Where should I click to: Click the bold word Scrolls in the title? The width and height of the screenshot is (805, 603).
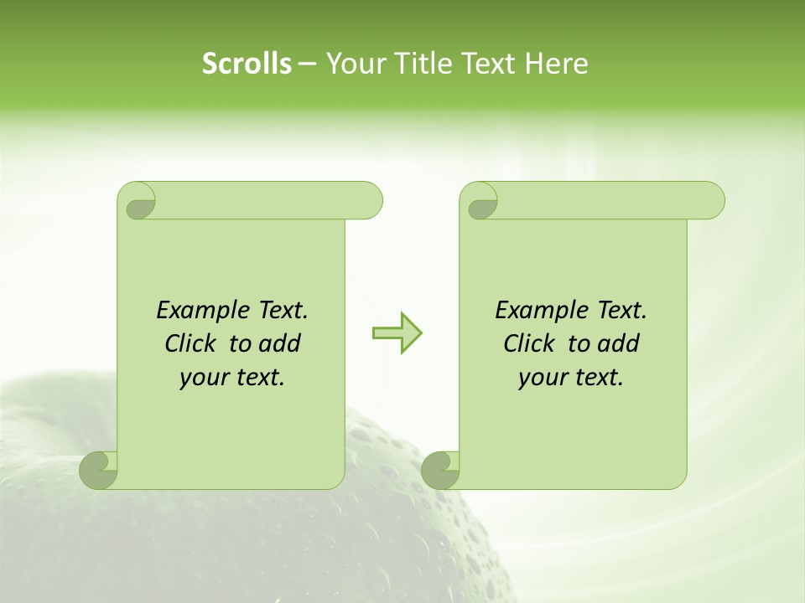point(247,64)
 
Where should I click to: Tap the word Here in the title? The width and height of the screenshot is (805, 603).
point(556,64)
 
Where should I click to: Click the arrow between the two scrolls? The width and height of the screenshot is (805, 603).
point(397,333)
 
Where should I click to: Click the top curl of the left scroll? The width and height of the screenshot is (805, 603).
point(138,201)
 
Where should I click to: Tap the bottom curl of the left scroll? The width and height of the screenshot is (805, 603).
point(99,470)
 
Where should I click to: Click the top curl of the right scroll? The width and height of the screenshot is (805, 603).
point(480,201)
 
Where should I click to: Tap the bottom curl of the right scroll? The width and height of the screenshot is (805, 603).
point(440,470)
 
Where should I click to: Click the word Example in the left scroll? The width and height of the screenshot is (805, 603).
point(202,311)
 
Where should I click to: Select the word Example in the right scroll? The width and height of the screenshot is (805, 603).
point(541,311)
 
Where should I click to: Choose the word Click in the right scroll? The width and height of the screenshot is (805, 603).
point(529,343)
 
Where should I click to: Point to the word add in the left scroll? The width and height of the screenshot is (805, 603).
point(280,343)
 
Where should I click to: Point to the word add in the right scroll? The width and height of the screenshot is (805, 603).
point(619,343)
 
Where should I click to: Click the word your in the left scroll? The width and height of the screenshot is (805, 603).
point(203,379)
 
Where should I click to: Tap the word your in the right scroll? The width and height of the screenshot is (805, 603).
point(542,379)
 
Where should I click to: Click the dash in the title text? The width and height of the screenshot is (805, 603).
point(307,64)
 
